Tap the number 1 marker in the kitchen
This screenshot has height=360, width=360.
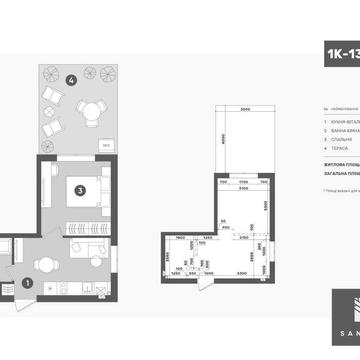[27, 282]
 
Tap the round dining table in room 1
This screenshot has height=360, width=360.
[43, 265]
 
